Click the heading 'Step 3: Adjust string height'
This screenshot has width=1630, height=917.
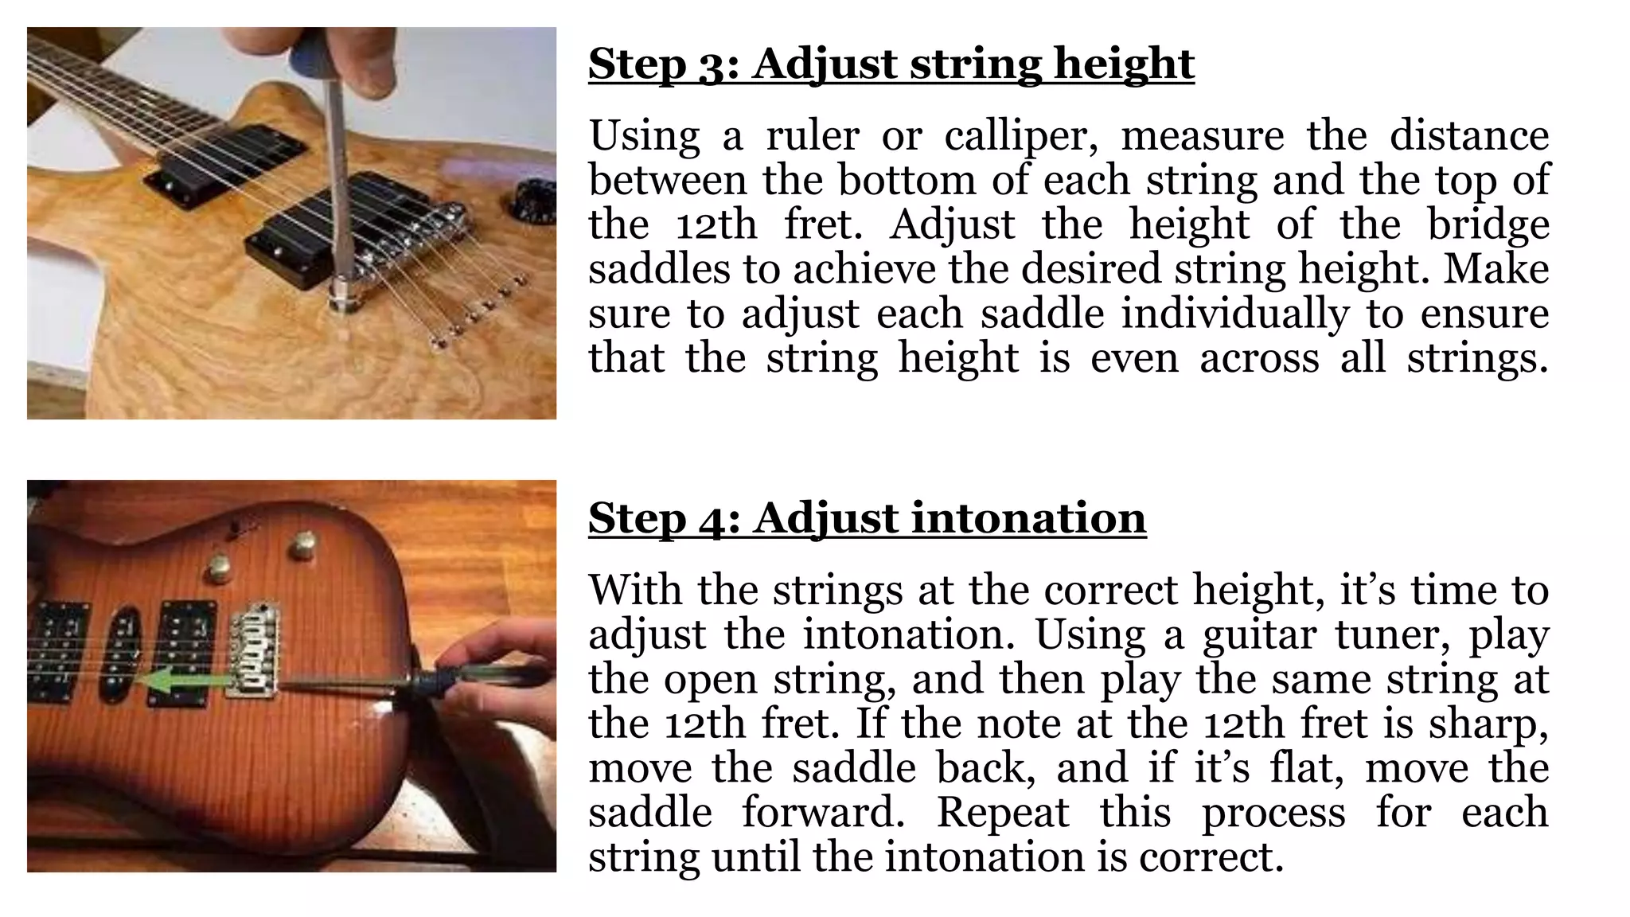click(891, 64)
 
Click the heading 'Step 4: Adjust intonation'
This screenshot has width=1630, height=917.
click(867, 517)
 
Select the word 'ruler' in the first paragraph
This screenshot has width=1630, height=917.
click(812, 135)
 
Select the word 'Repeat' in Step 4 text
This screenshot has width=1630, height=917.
click(1003, 813)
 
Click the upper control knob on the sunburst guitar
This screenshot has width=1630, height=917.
click(302, 545)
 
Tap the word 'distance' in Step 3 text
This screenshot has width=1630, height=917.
click(1469, 135)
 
